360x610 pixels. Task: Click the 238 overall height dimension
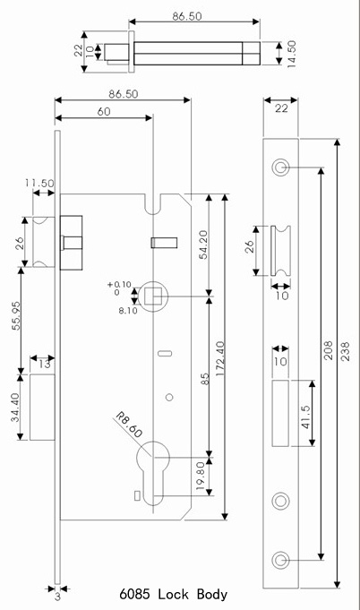tap(346, 351)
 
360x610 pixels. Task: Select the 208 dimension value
tap(329, 350)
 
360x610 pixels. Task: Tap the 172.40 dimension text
tap(220, 358)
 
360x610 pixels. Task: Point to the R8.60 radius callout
tap(129, 425)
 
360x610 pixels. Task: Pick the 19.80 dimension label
tap(201, 476)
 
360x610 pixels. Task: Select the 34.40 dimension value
tap(15, 408)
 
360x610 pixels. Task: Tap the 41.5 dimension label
tap(306, 417)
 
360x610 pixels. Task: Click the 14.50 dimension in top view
tap(292, 54)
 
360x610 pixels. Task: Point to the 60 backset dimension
tap(104, 112)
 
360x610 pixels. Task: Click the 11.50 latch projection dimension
tap(40, 183)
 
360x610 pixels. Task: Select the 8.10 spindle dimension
tap(128, 311)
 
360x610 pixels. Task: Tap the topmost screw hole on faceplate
tap(280, 168)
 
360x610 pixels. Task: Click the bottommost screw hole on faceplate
tap(280, 560)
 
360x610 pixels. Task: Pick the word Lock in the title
tap(174, 595)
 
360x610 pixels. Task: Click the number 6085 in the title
tap(134, 595)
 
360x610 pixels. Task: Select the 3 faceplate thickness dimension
tap(57, 597)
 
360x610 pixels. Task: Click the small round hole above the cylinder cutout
tap(169, 397)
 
